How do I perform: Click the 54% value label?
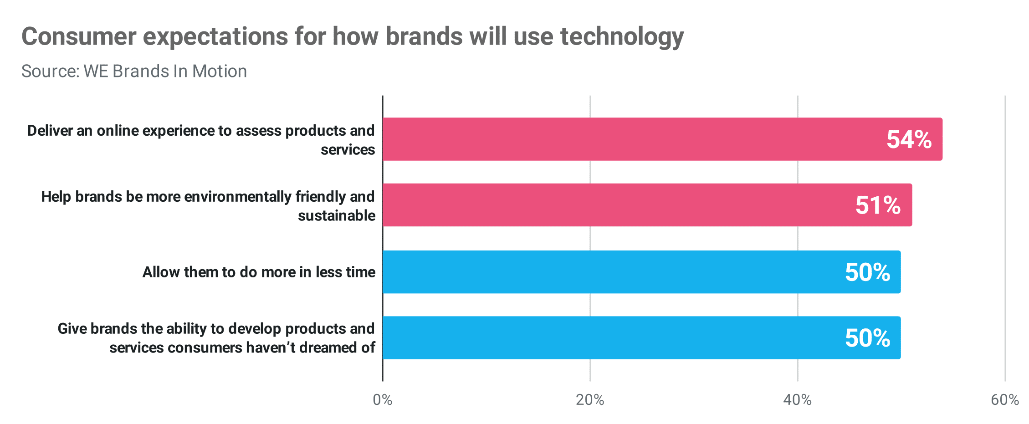pyautogui.click(x=909, y=139)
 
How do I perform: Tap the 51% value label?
pyautogui.click(x=878, y=205)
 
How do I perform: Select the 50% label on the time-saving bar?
pyautogui.click(x=867, y=272)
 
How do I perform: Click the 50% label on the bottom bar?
pyautogui.click(x=867, y=338)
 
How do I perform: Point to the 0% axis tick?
pyautogui.click(x=382, y=400)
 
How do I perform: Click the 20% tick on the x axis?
pyautogui.click(x=590, y=400)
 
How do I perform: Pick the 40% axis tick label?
pyautogui.click(x=797, y=400)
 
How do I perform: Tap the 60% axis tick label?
pyautogui.click(x=1004, y=400)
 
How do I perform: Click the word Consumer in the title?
pyautogui.click(x=79, y=36)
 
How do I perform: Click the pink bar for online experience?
pyautogui.click(x=638, y=139)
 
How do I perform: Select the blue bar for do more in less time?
pyautogui.click(x=615, y=272)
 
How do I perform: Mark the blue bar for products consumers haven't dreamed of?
pyautogui.click(x=615, y=338)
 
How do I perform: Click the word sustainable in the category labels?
pyautogui.click(x=337, y=215)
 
